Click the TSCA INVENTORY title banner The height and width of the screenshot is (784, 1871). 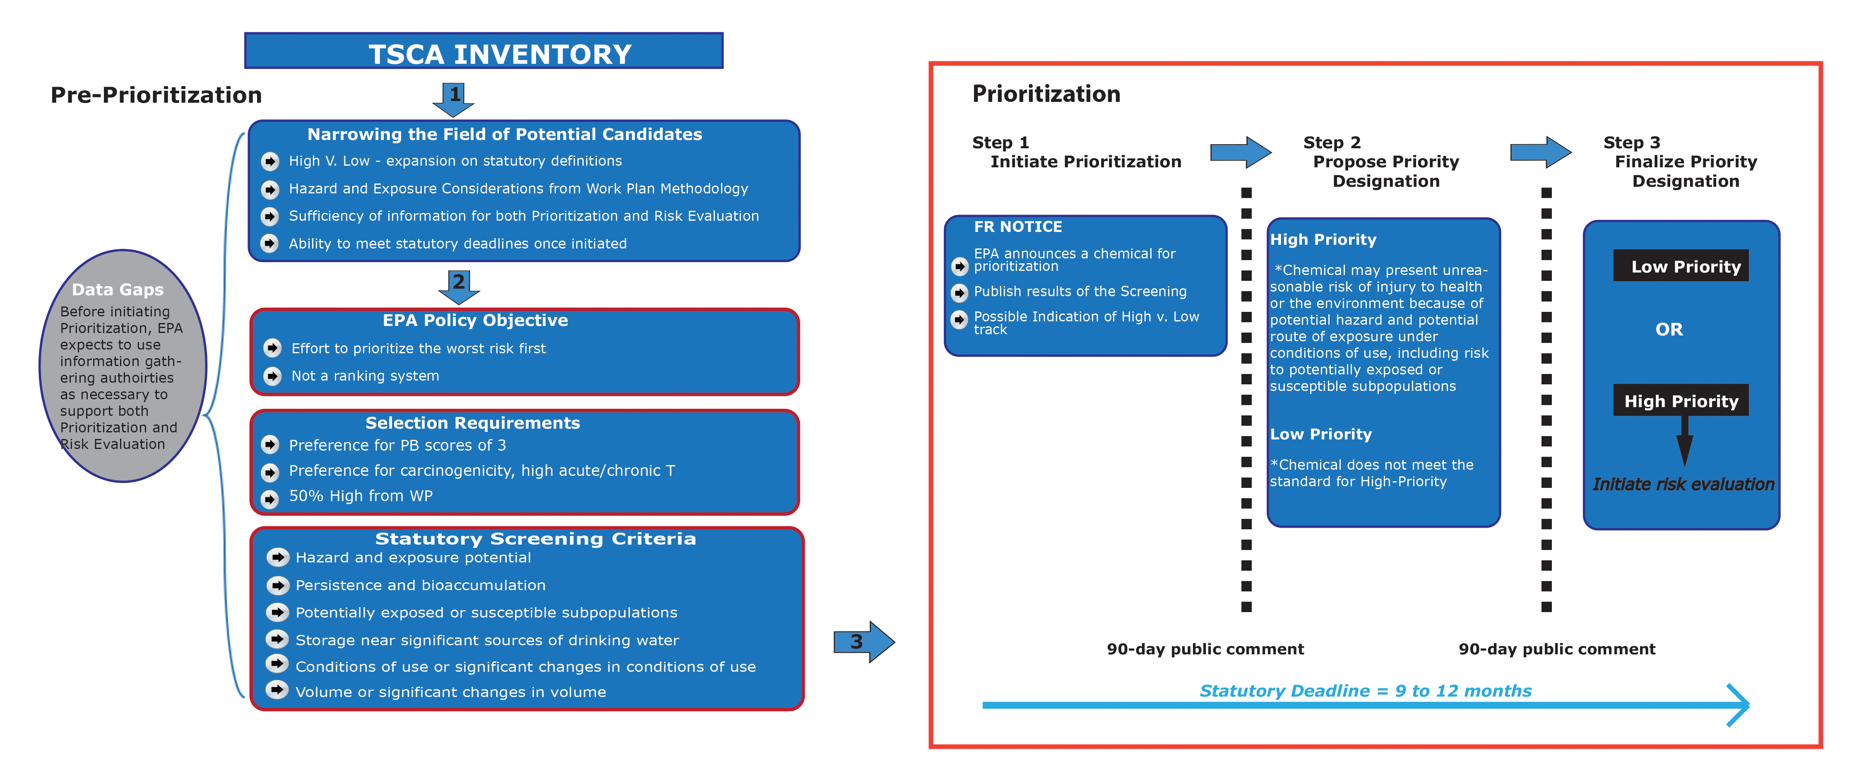pyautogui.click(x=484, y=52)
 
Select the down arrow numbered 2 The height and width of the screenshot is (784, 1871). pyautogui.click(x=459, y=285)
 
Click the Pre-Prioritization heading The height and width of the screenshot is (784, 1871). pyautogui.click(x=156, y=95)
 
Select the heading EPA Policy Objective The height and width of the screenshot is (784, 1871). pyautogui.click(x=475, y=321)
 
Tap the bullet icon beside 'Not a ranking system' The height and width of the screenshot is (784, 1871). pyautogui.click(x=272, y=376)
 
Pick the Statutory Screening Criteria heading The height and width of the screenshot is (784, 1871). pyautogui.click(x=535, y=538)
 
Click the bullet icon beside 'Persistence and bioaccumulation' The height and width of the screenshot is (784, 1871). pyautogui.click(x=277, y=585)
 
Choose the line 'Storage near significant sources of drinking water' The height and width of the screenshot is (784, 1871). pyautogui.click(x=487, y=640)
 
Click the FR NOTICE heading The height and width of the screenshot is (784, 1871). pyautogui.click(x=1017, y=227)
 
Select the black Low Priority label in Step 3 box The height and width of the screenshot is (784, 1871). pyautogui.click(x=1681, y=266)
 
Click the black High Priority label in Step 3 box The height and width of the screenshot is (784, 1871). pyautogui.click(x=1681, y=400)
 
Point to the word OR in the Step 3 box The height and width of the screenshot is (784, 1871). pyautogui.click(x=1668, y=329)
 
